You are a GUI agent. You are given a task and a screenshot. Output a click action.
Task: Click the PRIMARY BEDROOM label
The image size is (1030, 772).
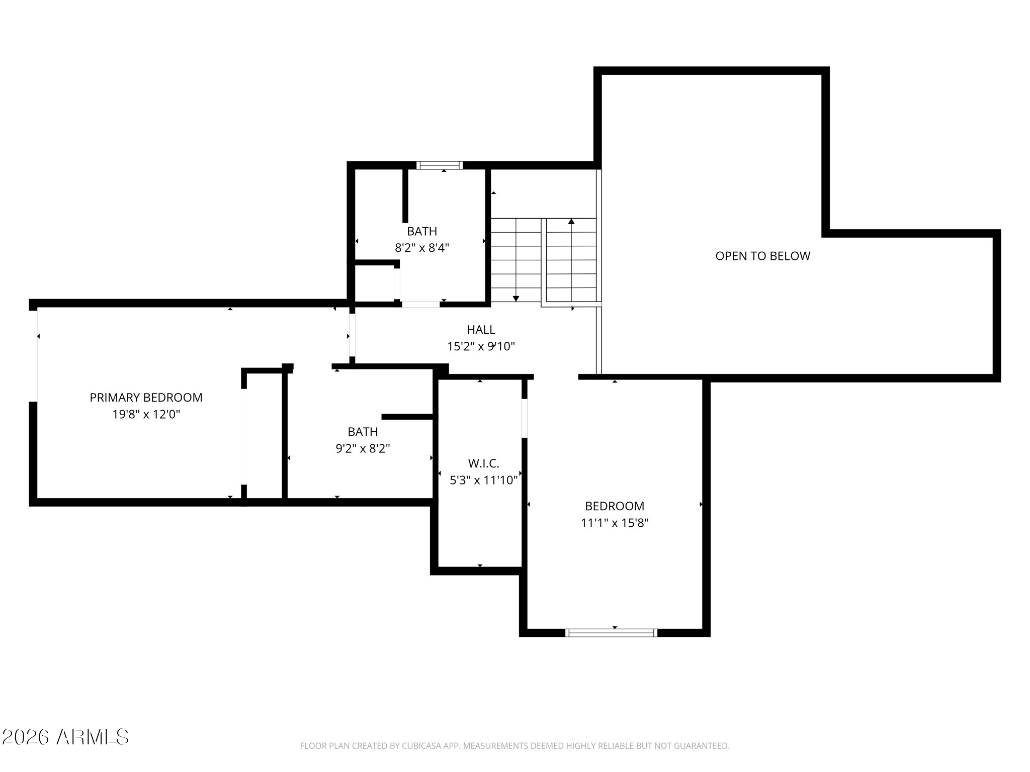tap(146, 398)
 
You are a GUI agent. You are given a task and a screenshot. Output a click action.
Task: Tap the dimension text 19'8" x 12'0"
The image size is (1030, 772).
tap(146, 415)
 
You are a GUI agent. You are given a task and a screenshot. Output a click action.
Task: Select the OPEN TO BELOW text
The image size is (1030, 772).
tap(762, 256)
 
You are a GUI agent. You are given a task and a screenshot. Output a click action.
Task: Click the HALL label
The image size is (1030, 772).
tap(481, 330)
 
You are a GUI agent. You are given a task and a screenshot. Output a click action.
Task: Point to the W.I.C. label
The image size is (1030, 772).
tap(483, 463)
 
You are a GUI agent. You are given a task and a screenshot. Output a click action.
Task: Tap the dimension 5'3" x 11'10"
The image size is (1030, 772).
tap(483, 480)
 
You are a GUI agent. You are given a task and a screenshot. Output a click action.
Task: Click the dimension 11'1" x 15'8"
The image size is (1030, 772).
tap(615, 523)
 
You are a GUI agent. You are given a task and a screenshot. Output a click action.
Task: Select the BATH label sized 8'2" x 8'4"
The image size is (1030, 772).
tap(422, 231)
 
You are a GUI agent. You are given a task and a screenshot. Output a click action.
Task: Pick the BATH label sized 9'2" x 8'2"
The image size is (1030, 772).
tap(363, 432)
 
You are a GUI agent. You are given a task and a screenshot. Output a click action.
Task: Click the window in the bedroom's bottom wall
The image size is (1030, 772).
tap(611, 633)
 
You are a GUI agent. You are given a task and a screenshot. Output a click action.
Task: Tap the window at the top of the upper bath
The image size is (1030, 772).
tap(440, 165)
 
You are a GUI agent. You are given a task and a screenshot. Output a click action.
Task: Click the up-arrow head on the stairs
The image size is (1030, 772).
tap(571, 221)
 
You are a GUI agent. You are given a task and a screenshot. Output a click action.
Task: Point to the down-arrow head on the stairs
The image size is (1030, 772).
tap(516, 299)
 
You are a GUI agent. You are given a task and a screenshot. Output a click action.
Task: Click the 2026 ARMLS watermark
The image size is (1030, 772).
tap(65, 737)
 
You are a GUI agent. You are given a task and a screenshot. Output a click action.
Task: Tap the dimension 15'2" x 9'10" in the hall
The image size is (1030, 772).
tap(481, 347)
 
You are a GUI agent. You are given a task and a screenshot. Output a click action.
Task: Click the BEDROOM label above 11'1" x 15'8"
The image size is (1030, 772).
tap(615, 506)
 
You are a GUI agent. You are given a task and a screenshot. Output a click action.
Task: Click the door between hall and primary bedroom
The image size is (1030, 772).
tap(352, 335)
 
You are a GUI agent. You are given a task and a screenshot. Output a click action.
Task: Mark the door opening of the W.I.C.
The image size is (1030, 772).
tap(525, 418)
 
